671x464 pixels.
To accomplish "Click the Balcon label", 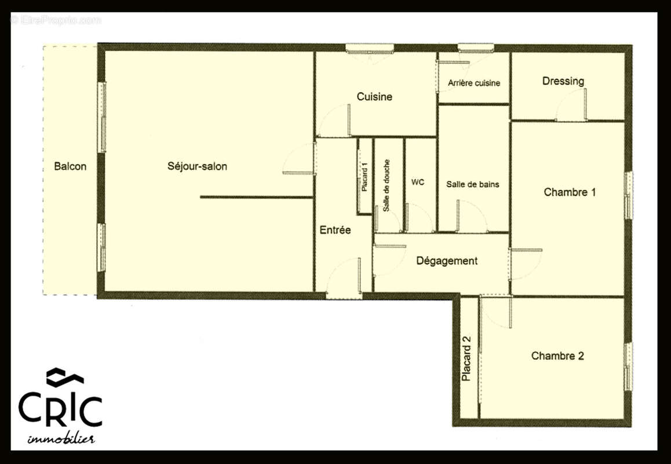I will pyautogui.click(x=70, y=166).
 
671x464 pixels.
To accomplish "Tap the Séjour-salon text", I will pyautogui.click(x=197, y=166).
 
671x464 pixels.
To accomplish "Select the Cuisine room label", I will pyautogui.click(x=374, y=97).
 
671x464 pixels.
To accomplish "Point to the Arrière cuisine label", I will pyautogui.click(x=474, y=83).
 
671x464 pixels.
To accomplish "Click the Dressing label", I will pyautogui.click(x=563, y=81).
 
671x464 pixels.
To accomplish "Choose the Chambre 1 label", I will pyautogui.click(x=570, y=192).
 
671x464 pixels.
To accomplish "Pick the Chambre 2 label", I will pyautogui.click(x=557, y=356).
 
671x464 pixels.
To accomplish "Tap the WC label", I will pyautogui.click(x=418, y=182).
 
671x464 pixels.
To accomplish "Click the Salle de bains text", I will pyautogui.click(x=472, y=184).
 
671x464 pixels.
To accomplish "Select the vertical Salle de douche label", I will pyautogui.click(x=386, y=185).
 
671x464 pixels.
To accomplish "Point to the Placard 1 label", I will pyautogui.click(x=364, y=177).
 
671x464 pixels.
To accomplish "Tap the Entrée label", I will pyautogui.click(x=335, y=230).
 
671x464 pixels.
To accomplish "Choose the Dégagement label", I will pyautogui.click(x=447, y=261).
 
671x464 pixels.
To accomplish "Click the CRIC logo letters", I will pyautogui.click(x=60, y=408).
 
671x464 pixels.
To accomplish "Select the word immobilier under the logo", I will pyautogui.click(x=61, y=438).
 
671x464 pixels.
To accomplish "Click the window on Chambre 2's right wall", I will pyautogui.click(x=628, y=366).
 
